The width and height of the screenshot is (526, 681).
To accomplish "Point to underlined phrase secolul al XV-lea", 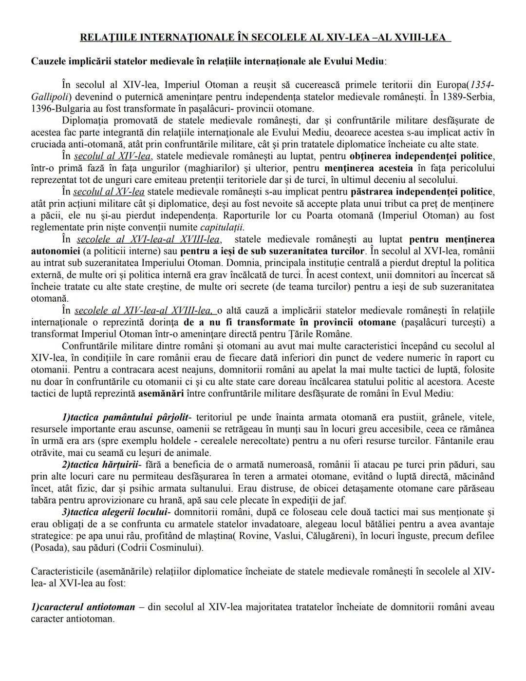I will click(x=109, y=192).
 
